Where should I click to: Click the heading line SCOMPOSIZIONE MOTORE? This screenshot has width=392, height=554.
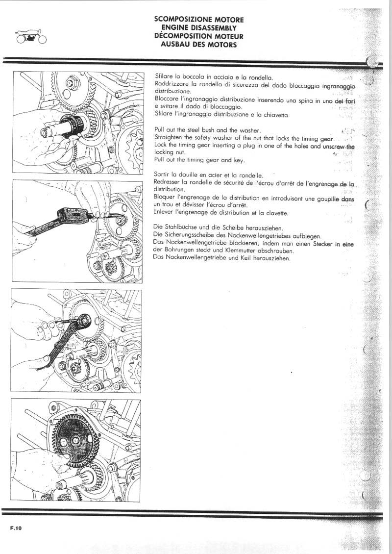point(198,19)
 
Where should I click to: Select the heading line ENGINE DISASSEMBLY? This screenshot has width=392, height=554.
point(198,27)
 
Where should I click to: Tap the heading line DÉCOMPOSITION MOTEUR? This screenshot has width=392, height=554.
point(198,36)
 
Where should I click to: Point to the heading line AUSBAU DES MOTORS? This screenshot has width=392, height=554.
point(198,44)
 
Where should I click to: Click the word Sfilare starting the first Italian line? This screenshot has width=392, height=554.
point(164,77)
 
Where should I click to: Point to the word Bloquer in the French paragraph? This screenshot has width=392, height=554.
point(166,198)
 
